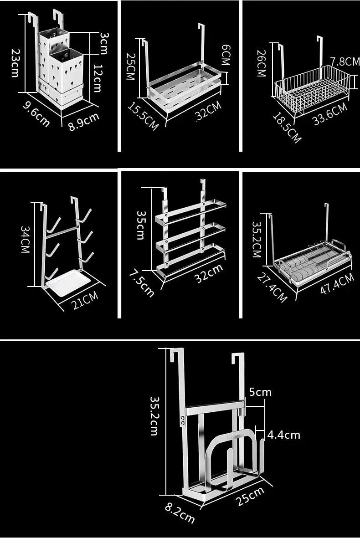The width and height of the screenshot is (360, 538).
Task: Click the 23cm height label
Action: (15, 63)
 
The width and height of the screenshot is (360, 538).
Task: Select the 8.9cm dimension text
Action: (84, 122)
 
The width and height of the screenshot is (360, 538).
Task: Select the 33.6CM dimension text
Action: (329, 114)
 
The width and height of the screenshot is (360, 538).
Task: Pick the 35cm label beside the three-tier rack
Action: (141, 225)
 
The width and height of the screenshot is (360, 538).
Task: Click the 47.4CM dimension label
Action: (336, 283)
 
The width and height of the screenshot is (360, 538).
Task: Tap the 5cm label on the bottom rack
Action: (260, 392)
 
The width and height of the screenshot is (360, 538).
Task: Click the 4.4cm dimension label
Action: (283, 435)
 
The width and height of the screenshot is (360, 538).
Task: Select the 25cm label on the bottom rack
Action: (250, 496)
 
